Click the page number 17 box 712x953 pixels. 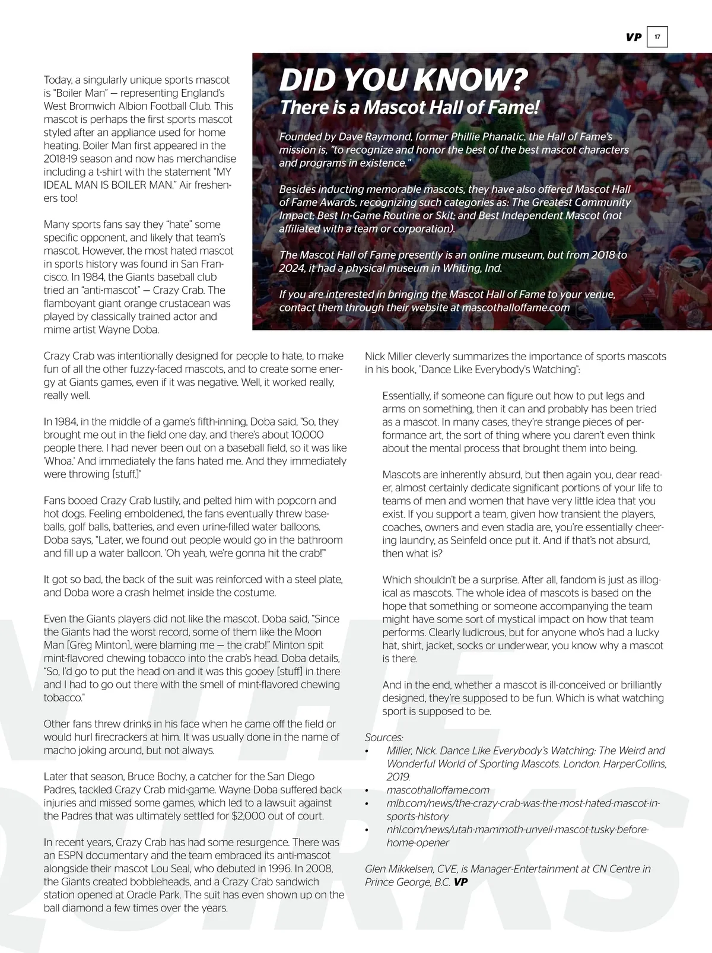tap(657, 37)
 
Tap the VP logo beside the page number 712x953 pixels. tap(634, 37)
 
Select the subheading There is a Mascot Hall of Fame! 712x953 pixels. tap(409, 107)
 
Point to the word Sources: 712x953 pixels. tap(384, 738)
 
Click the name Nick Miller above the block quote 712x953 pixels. tap(390, 357)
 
